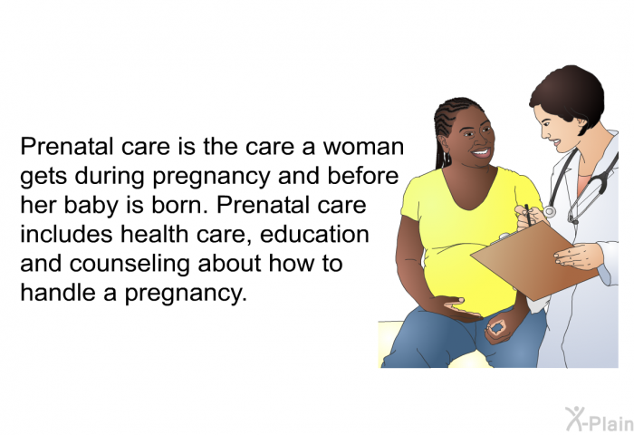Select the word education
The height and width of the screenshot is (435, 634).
(x=314, y=234)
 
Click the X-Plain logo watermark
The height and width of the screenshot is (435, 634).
(x=600, y=420)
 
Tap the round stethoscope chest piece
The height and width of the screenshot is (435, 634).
(x=549, y=211)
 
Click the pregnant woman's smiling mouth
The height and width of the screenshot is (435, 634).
(x=481, y=153)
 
